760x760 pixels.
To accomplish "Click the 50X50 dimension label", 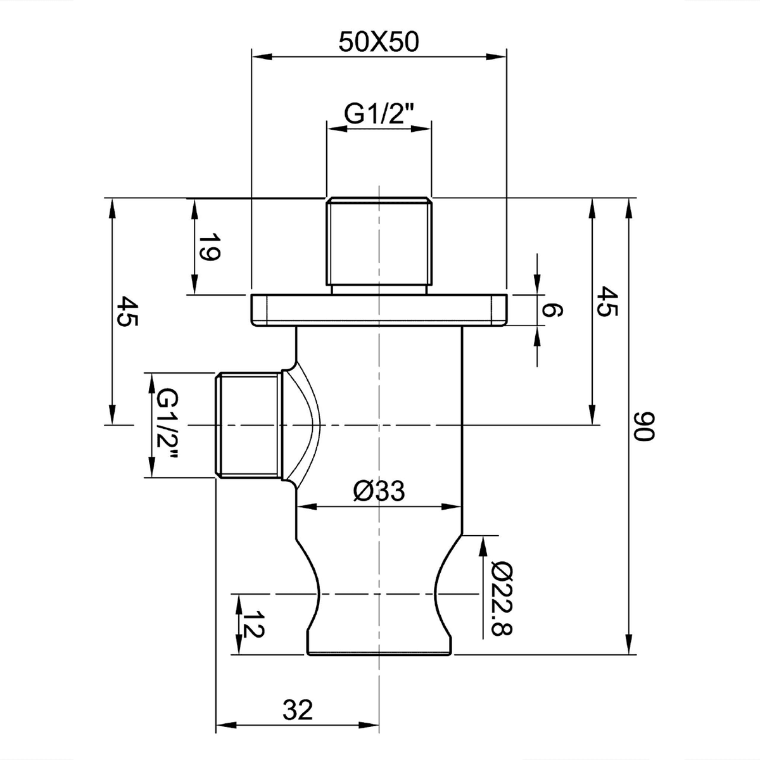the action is [x=378, y=42].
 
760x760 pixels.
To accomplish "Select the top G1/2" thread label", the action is [x=378, y=114].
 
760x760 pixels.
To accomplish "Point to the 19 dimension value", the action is [x=208, y=247].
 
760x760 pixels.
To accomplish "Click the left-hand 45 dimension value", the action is [x=127, y=311].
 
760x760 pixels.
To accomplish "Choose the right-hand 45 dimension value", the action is [x=606, y=301].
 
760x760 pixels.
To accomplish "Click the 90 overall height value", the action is [x=643, y=426].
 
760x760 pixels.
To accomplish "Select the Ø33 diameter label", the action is [x=379, y=491].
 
